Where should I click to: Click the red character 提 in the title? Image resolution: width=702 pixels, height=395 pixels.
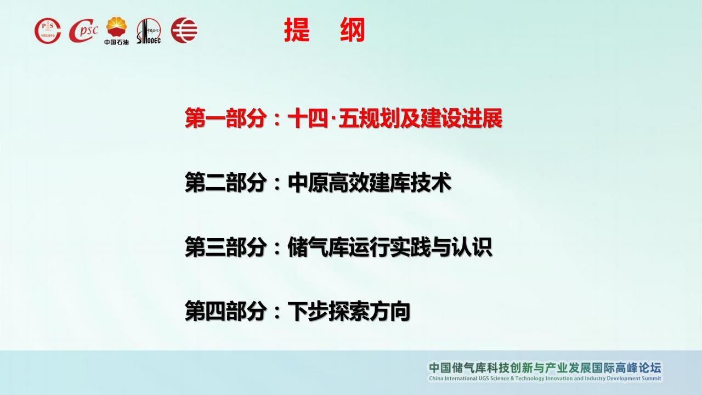tap(297, 30)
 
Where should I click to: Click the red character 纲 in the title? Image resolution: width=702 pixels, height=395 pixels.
tap(353, 30)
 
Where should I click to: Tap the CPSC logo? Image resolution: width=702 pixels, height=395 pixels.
tap(83, 31)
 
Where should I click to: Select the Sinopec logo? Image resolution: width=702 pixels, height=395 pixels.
tap(149, 31)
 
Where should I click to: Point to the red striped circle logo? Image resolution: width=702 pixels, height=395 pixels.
tap(184, 30)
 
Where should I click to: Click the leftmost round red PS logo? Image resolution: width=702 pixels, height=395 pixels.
tap(48, 31)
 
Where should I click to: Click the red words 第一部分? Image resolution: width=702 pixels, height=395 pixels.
tap(225, 118)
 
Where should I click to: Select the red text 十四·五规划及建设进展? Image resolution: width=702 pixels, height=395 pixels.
tap(395, 118)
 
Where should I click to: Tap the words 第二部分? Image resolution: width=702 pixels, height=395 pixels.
tap(225, 182)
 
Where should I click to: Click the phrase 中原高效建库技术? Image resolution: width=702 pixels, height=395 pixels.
tap(369, 182)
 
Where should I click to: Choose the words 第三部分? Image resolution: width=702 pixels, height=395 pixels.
tap(225, 247)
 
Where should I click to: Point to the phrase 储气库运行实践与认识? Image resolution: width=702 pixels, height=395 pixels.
tap(389, 247)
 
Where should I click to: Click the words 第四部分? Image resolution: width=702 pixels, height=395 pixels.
tap(225, 311)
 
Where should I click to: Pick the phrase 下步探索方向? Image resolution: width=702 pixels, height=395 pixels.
tap(349, 311)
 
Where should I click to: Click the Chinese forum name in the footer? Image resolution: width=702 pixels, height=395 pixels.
tap(545, 368)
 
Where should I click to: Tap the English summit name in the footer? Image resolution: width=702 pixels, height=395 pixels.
tap(545, 379)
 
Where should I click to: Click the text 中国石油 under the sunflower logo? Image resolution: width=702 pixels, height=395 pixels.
tap(117, 42)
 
